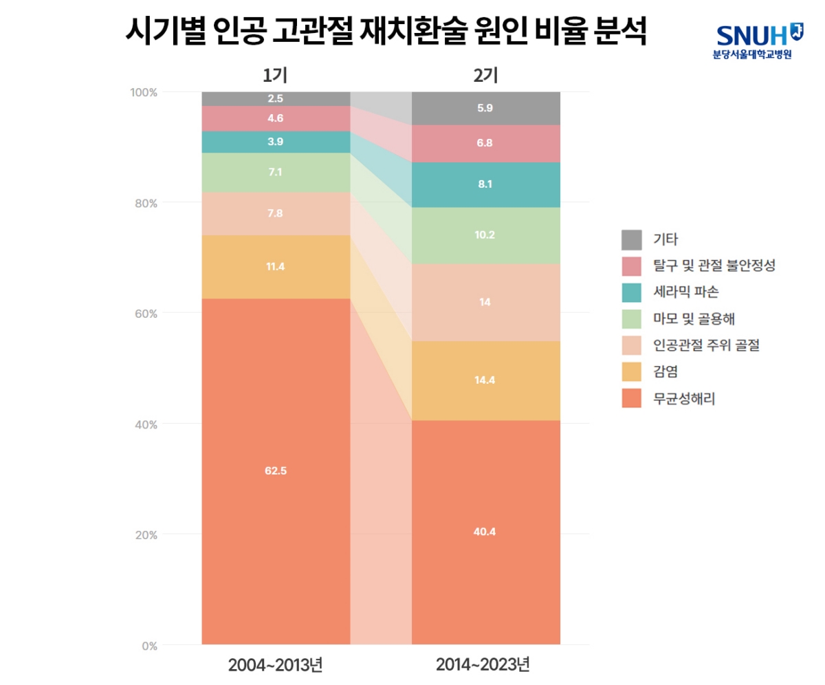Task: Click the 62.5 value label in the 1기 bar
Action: click(276, 471)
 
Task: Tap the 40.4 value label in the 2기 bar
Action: click(485, 531)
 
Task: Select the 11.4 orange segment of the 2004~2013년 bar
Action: click(276, 266)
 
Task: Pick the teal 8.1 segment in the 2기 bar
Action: click(485, 184)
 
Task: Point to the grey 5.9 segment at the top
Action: click(485, 108)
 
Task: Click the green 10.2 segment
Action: click(485, 235)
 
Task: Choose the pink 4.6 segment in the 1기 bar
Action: click(276, 118)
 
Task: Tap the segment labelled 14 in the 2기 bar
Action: click(485, 302)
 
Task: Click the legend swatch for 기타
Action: click(632, 240)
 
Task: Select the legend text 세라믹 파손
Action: click(685, 292)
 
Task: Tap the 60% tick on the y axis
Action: click(146, 314)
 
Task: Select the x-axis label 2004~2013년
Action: click(276, 666)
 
